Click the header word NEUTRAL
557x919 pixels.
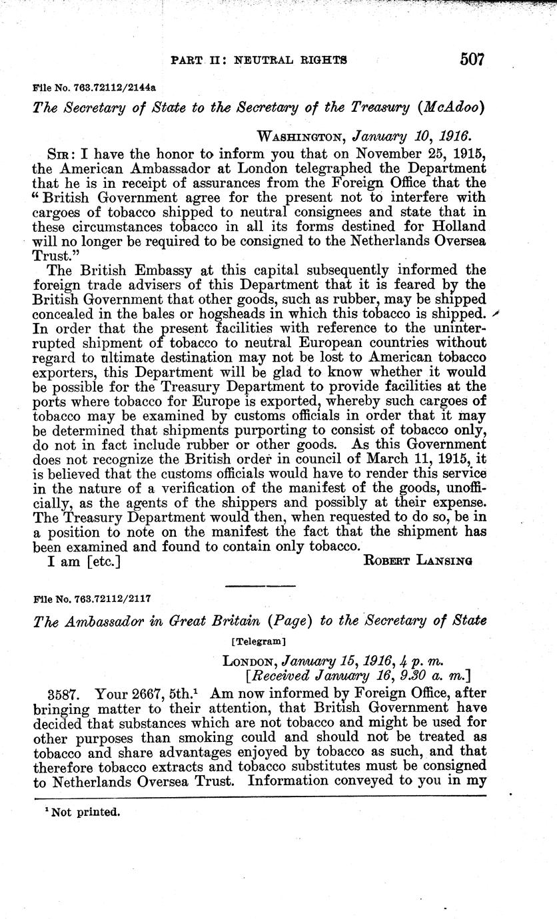[269, 59]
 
